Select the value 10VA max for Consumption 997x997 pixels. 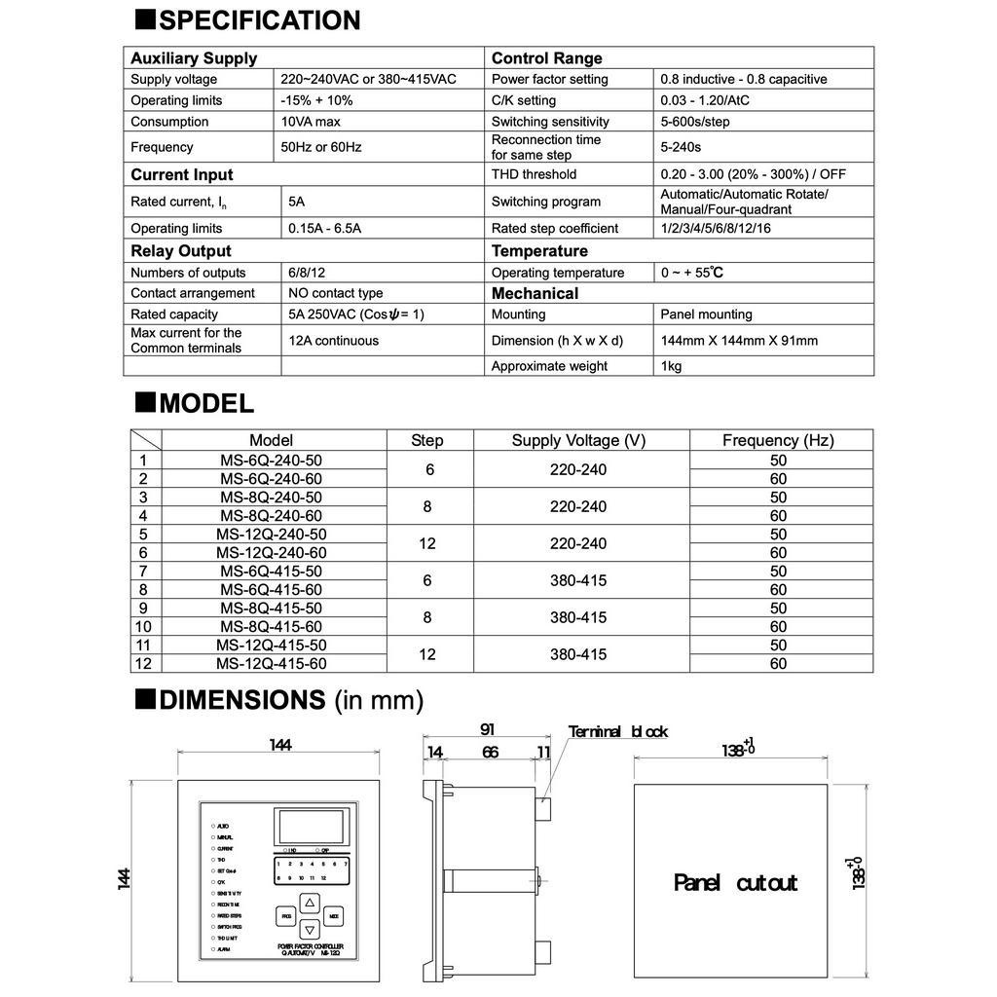tap(311, 122)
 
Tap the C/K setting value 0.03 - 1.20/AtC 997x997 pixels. tap(705, 100)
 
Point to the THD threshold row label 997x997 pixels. tap(534, 174)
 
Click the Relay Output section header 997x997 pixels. tap(181, 251)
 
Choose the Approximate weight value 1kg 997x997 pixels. tap(671, 366)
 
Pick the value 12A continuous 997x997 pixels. tap(333, 341)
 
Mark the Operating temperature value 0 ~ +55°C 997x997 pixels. tap(691, 273)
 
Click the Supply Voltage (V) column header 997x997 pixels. tap(578, 440)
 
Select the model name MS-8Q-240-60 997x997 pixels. tap(271, 516)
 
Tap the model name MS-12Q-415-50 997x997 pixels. tap(271, 646)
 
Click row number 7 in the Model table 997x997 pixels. tap(144, 572)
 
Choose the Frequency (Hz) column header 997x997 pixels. tap(778, 440)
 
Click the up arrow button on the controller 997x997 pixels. tap(309, 903)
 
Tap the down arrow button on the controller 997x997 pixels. tap(309, 929)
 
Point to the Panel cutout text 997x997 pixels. tap(735, 883)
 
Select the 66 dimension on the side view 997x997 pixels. tap(490, 752)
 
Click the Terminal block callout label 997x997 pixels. tap(618, 732)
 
